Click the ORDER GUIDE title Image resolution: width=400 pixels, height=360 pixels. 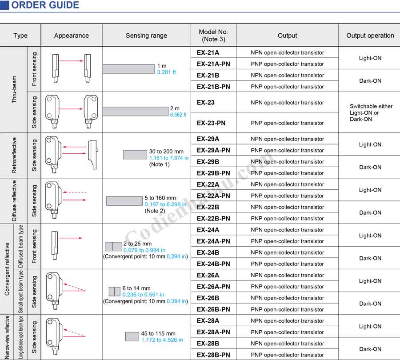[44, 5]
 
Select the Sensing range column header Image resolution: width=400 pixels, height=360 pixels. [146, 36]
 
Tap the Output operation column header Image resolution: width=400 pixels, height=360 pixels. [370, 36]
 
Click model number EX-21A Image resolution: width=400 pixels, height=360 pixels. [208, 52]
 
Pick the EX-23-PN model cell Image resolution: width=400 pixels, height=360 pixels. [211, 123]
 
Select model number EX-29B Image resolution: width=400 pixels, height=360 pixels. [208, 162]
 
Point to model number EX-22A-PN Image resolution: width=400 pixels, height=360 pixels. [213, 196]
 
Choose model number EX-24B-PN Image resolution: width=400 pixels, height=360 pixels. [213, 264]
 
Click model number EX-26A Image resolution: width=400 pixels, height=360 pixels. [208, 276]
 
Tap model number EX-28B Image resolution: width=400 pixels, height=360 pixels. [208, 344]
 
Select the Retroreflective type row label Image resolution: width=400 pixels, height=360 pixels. [14, 155]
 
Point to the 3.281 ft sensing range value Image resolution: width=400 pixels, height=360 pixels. [166, 72]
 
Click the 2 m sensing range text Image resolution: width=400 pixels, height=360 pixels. [175, 108]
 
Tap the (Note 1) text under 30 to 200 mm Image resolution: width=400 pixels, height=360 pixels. [160, 164]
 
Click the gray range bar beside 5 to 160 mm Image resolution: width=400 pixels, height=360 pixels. [124, 201]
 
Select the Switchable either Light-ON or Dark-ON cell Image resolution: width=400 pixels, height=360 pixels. [371, 113]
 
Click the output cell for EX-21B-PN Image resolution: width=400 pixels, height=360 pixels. [287, 87]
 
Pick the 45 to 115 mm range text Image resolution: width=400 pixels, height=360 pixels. [158, 334]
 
